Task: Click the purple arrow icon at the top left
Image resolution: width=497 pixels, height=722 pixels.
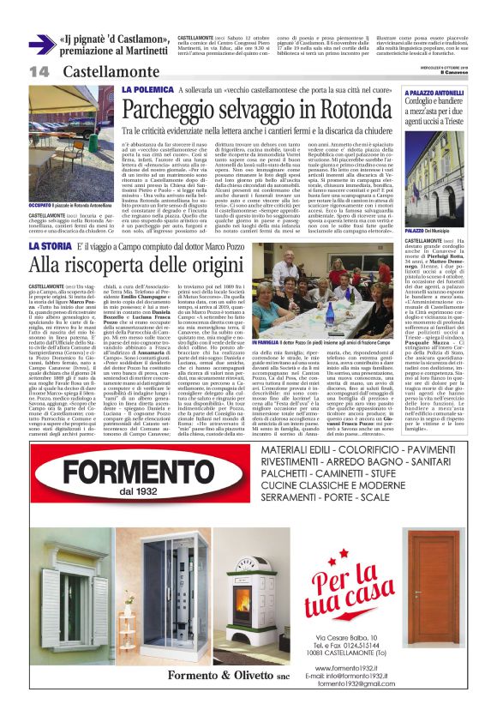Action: pyautogui.click(x=41, y=45)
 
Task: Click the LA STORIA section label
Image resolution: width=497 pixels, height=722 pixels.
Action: pyautogui.click(x=50, y=224)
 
